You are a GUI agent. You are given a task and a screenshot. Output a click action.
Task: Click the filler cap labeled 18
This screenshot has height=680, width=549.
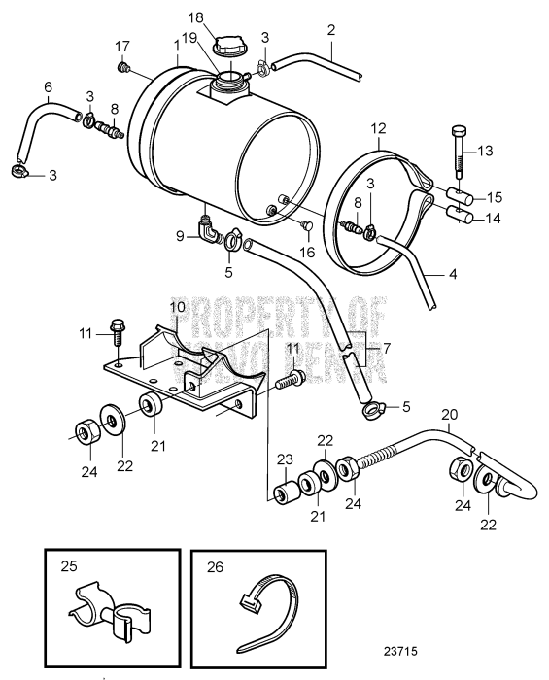click(x=232, y=47)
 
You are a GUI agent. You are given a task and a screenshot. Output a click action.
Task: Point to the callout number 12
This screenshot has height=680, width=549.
click(x=379, y=127)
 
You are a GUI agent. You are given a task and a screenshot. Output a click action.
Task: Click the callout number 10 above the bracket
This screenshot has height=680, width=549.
click(x=177, y=308)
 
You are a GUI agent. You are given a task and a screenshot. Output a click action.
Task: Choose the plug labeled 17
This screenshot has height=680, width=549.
click(x=123, y=67)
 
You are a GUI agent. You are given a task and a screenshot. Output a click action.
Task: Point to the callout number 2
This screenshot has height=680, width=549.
click(x=331, y=31)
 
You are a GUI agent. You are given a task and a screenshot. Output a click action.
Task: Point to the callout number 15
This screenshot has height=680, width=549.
click(x=494, y=194)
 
